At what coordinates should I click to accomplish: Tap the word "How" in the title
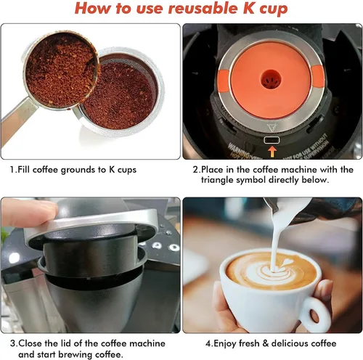(94, 9)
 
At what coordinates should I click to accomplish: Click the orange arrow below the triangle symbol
(272, 151)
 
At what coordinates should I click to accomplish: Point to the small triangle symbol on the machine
(272, 126)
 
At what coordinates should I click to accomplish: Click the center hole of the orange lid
(272, 77)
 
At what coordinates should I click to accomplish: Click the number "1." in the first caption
(14, 170)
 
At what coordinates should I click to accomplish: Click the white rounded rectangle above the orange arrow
(272, 139)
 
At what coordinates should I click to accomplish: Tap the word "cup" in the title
(270, 10)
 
